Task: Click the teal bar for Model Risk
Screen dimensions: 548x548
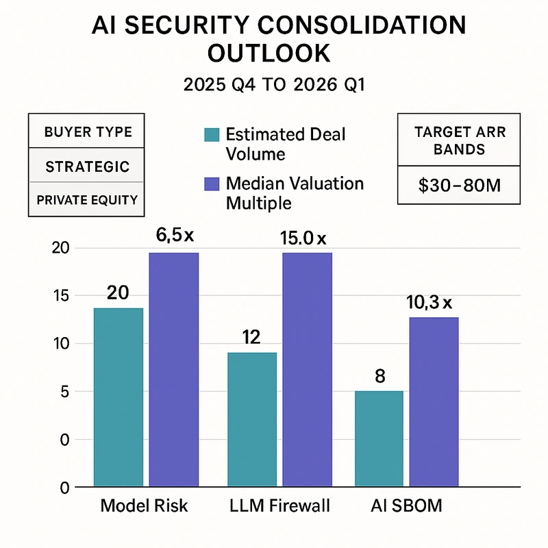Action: click(x=119, y=397)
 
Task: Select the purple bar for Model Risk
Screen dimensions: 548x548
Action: click(x=174, y=370)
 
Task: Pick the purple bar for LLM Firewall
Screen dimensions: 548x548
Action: click(x=307, y=370)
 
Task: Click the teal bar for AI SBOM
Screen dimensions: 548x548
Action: click(x=379, y=438)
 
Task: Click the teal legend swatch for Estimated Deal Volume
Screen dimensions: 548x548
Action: click(x=212, y=134)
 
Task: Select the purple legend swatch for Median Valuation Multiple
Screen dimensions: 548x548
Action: click(x=212, y=184)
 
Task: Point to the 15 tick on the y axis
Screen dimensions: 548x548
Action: click(x=61, y=295)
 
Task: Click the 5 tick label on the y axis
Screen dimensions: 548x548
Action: click(x=64, y=391)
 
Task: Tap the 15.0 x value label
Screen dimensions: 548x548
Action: click(x=303, y=239)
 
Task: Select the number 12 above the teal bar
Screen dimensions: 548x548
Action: click(x=253, y=337)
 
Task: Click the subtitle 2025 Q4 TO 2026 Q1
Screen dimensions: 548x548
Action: click(x=273, y=86)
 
